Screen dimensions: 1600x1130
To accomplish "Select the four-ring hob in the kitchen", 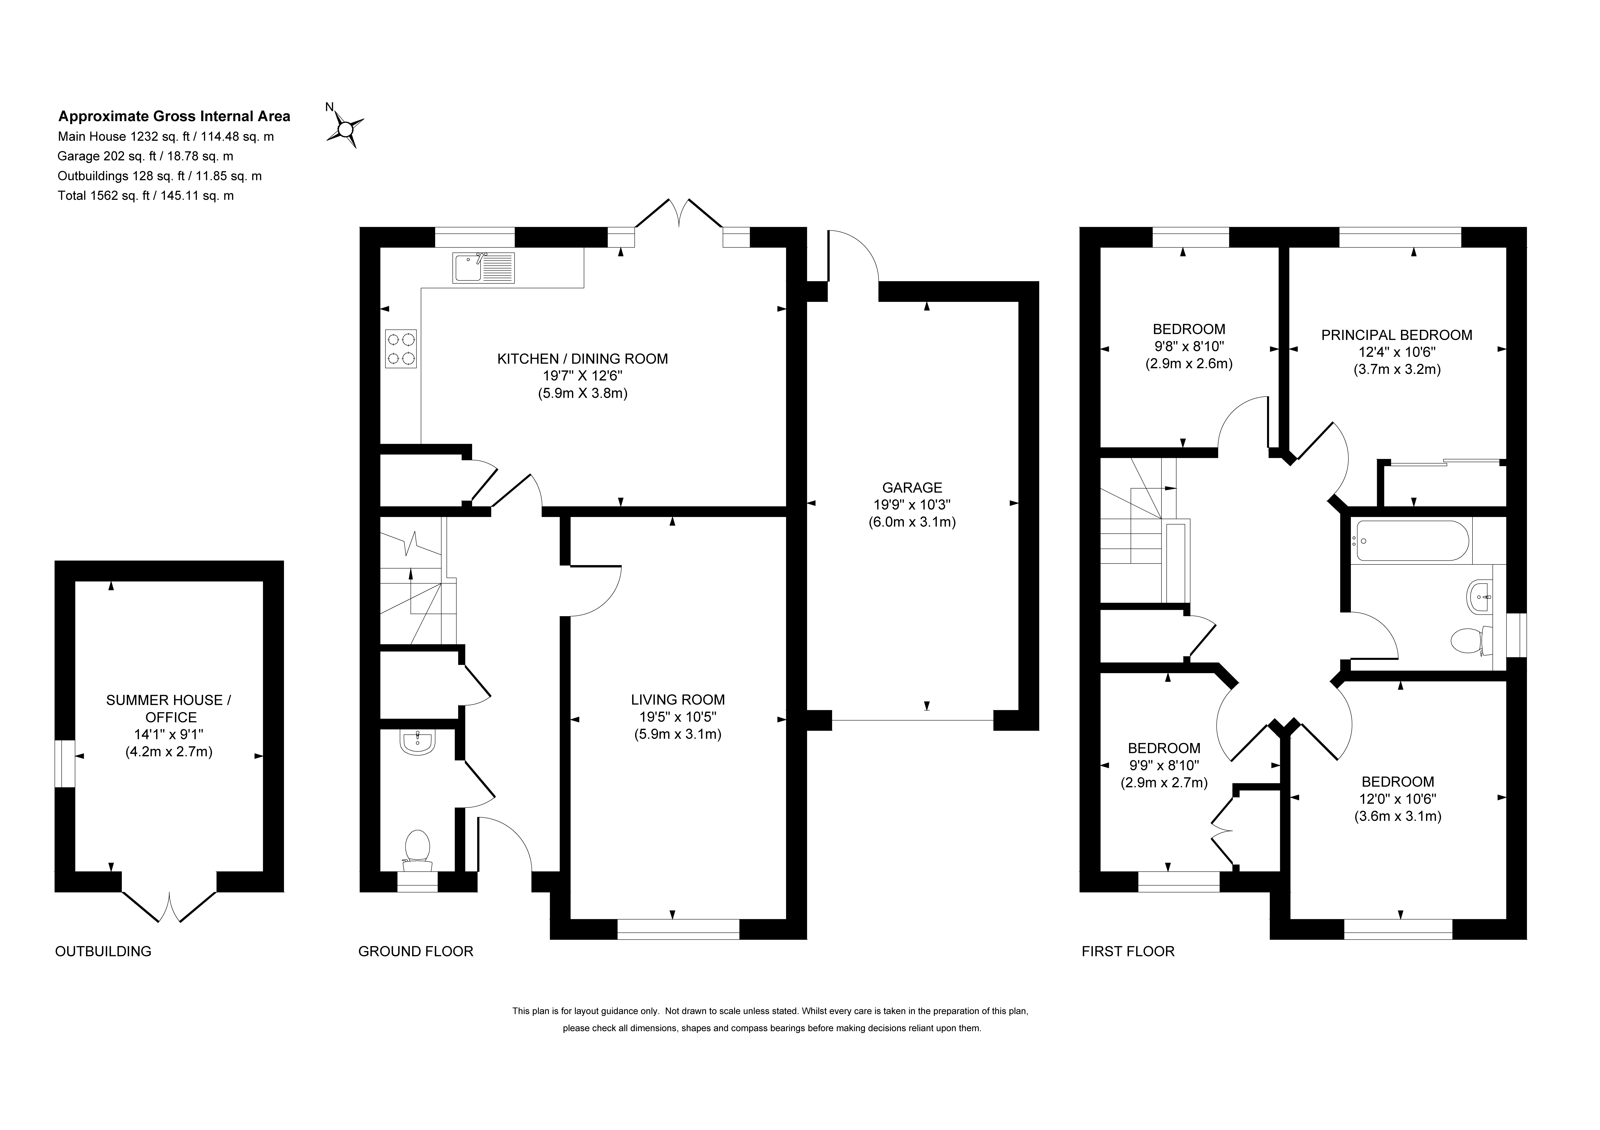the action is pos(401,349).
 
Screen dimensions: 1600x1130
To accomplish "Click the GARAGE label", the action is pos(912,488).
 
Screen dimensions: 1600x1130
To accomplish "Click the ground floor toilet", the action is pos(417,850).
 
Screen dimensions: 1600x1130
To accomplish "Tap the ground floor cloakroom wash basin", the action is pos(418,743).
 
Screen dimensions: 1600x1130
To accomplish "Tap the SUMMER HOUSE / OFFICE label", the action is pos(169,709).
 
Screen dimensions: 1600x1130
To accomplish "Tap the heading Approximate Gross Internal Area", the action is pos(174,116).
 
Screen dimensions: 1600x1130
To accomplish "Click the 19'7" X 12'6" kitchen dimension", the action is pos(583,376).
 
